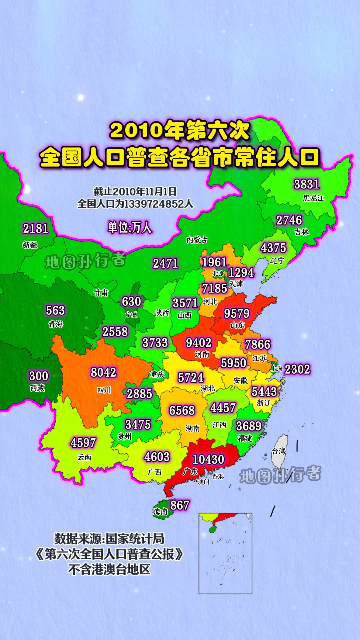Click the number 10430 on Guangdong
[208, 459]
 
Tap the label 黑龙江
[313, 198]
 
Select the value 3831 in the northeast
[306, 184]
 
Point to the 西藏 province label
[37, 388]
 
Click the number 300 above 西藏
[39, 376]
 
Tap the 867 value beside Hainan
[180, 505]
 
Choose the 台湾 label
[279, 451]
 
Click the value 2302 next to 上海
[297, 369]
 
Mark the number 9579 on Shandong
[236, 313]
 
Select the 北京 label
[218, 273]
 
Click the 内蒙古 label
[197, 239]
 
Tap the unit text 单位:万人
[130, 227]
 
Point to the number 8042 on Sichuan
[103, 372]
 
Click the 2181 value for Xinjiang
[35, 229]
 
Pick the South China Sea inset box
[225, 553]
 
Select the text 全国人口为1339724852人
[135, 204]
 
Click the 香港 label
[218, 477]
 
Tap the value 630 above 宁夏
[131, 301]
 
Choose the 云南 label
[84, 457]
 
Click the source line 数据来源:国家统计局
[109, 539]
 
